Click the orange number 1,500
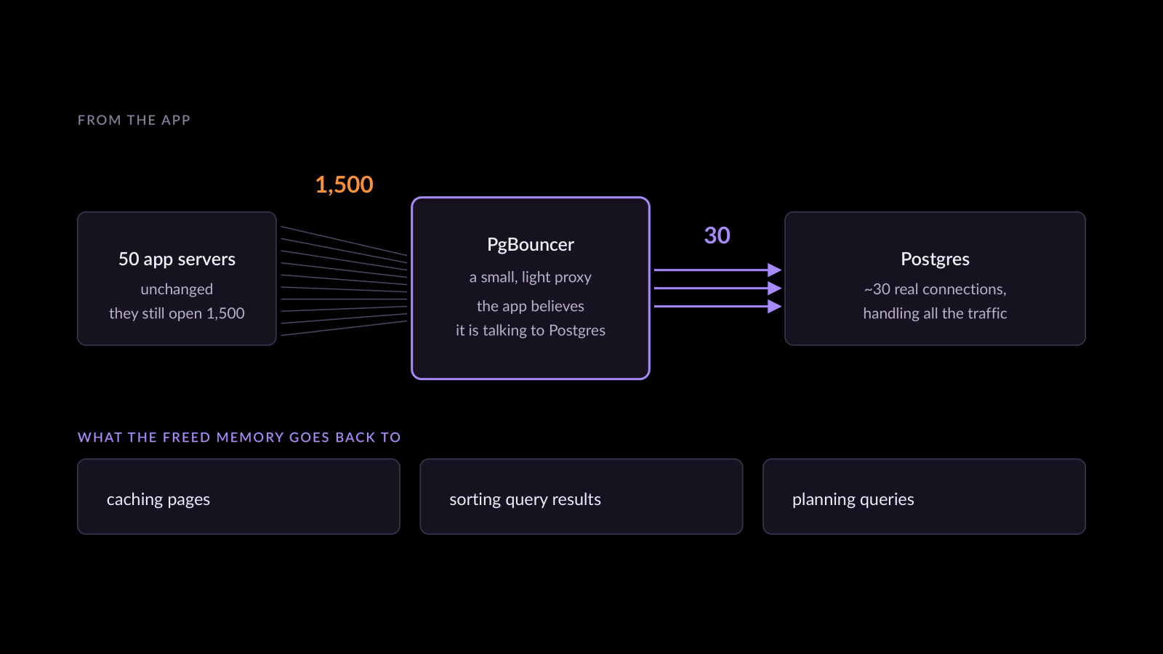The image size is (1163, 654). [x=345, y=185]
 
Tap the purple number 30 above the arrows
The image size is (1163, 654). [x=717, y=235]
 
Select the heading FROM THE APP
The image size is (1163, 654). [x=134, y=120]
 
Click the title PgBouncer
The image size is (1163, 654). [x=530, y=244]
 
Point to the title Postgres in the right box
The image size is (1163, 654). [x=935, y=259]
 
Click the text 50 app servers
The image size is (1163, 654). [x=177, y=259]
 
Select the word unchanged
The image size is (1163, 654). [x=177, y=289]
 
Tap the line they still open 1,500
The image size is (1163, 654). [x=177, y=313]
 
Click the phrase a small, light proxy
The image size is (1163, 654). [x=530, y=278]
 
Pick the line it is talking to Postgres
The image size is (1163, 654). [x=530, y=331]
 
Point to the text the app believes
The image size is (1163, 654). [x=530, y=306]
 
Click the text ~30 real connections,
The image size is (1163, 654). [x=935, y=289]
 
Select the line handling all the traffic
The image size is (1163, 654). [x=935, y=313]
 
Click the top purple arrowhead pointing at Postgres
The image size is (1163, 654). [x=775, y=270]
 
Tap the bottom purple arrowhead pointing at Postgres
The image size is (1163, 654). [x=775, y=306]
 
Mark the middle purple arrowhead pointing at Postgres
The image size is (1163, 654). [x=775, y=288]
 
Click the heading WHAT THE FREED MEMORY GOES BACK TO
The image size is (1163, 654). [x=239, y=437]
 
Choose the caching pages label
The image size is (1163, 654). [x=158, y=499]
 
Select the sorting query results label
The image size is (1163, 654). [x=525, y=499]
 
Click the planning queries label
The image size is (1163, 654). [x=853, y=499]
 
